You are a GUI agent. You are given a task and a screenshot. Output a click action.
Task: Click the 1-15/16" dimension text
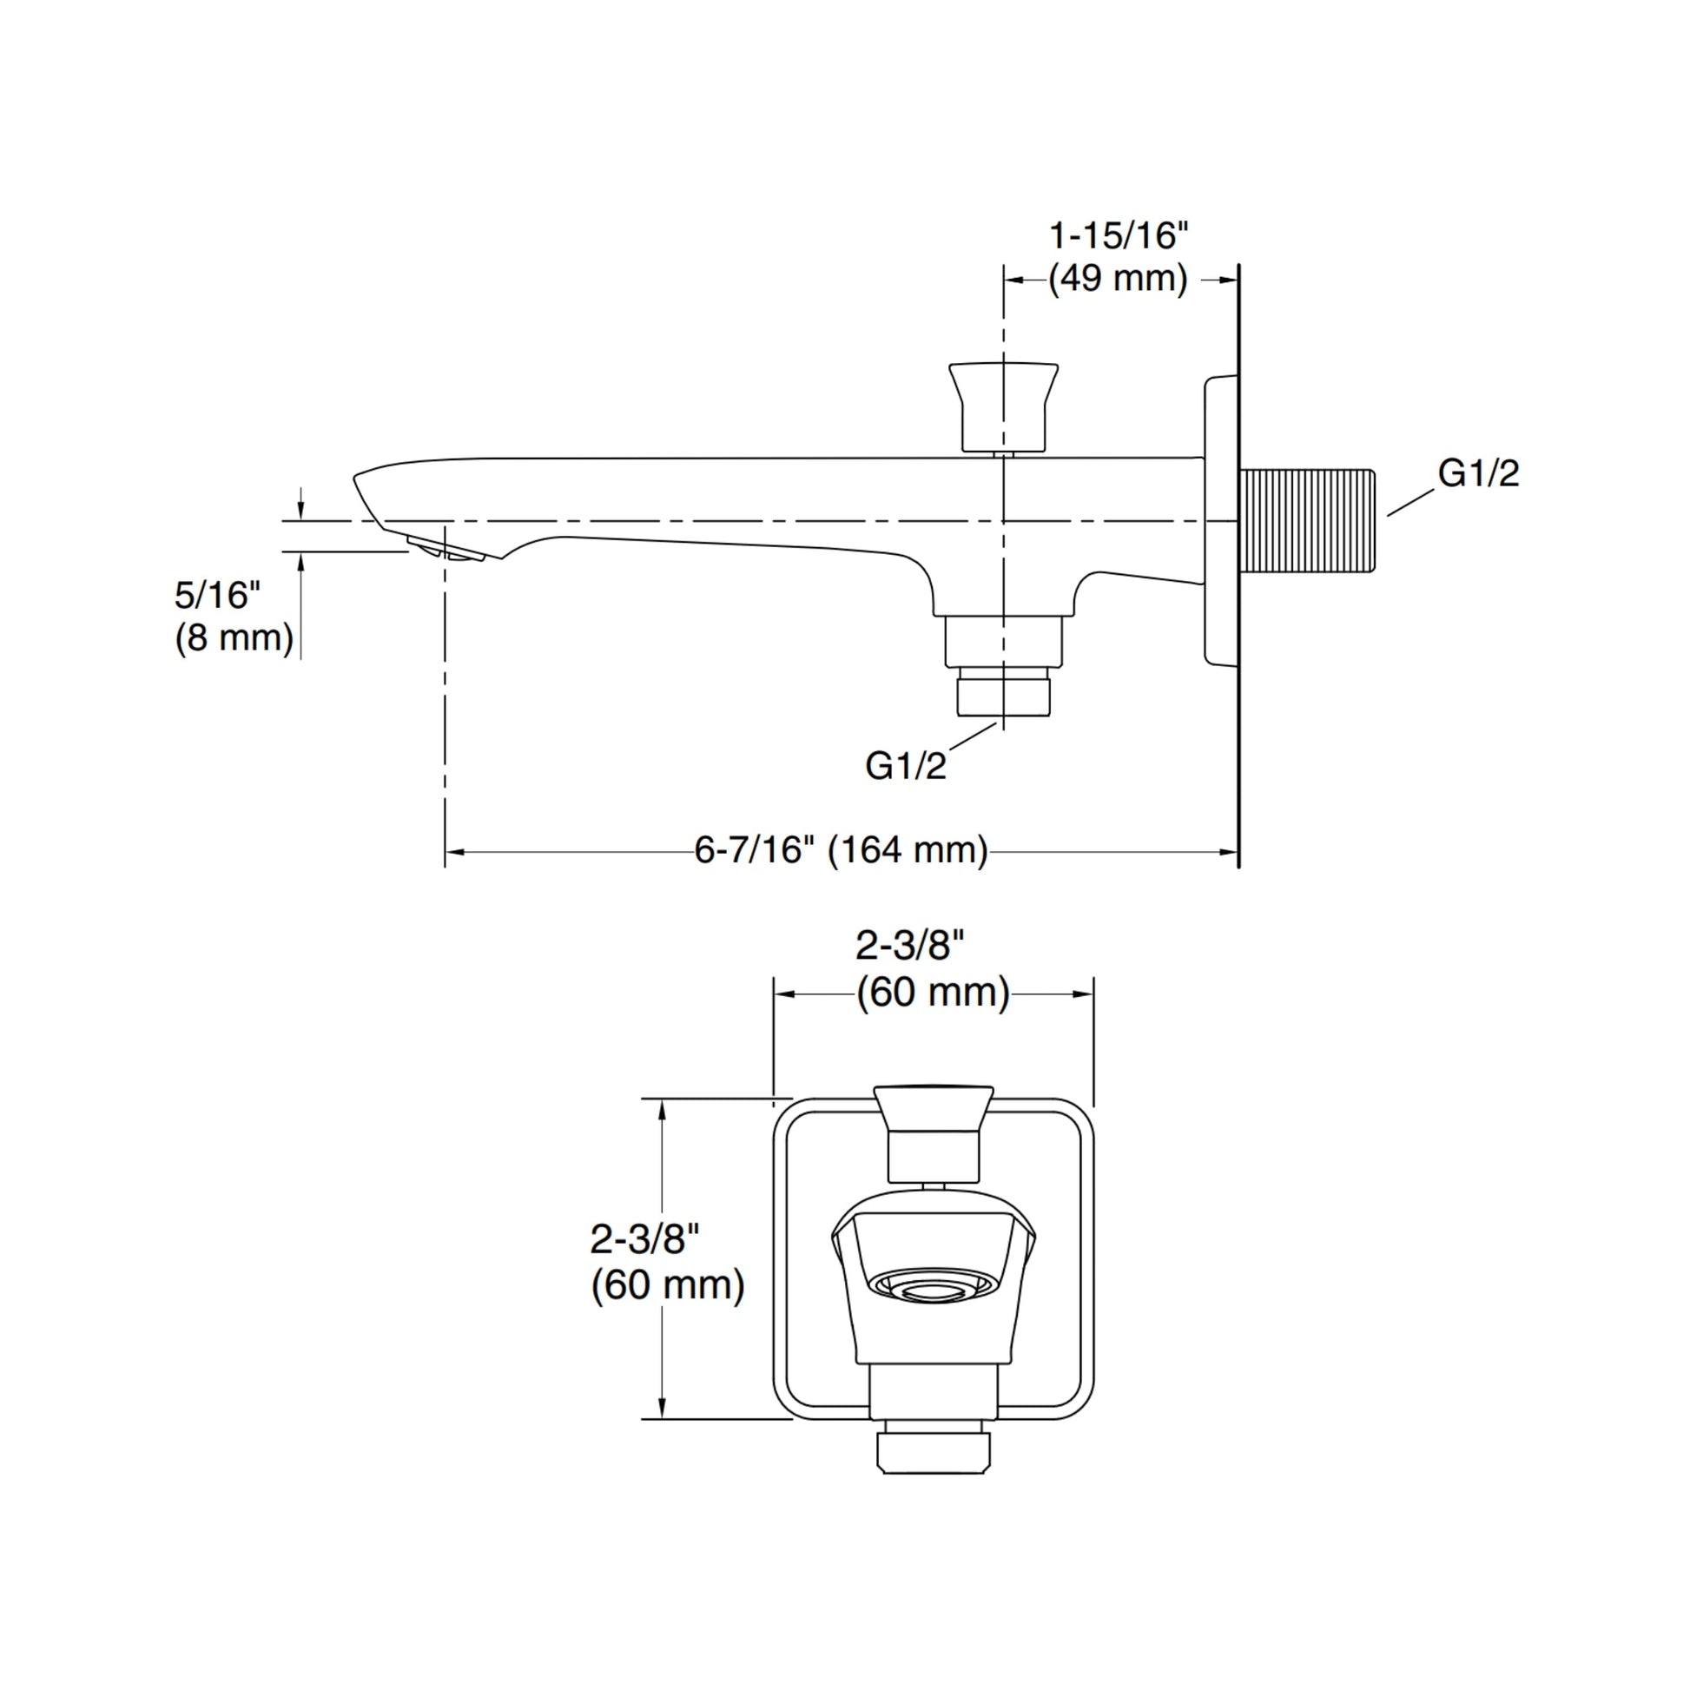(x=1119, y=236)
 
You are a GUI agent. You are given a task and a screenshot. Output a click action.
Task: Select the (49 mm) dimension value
(x=1118, y=279)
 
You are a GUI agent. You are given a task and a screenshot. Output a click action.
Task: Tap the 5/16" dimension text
(x=217, y=596)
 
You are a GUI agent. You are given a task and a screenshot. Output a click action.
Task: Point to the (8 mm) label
(x=234, y=637)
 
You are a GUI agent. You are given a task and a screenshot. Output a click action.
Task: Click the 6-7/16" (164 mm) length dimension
(x=841, y=850)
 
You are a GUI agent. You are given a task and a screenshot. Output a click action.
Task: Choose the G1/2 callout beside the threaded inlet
(x=1478, y=473)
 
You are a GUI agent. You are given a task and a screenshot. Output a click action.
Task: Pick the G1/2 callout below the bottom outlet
(x=905, y=766)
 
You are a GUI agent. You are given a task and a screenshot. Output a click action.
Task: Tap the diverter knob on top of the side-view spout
(x=1003, y=408)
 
